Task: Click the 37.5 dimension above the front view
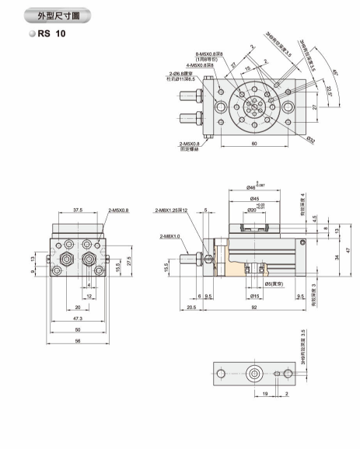78,209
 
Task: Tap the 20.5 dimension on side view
190,307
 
